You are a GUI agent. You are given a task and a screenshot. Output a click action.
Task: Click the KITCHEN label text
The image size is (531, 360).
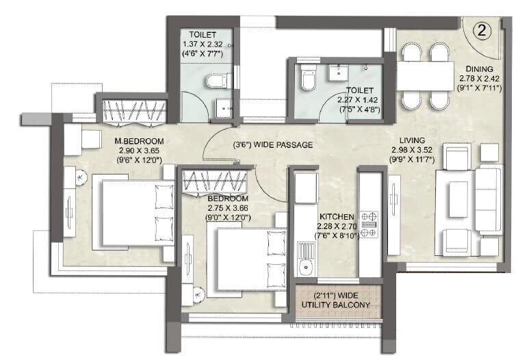point(335,215)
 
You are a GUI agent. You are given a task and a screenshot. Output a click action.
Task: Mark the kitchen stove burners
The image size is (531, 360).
point(368,224)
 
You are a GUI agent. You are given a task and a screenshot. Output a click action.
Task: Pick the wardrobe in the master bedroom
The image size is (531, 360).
point(134,112)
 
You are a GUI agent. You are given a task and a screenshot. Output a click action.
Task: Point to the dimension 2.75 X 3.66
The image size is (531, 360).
point(229,209)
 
